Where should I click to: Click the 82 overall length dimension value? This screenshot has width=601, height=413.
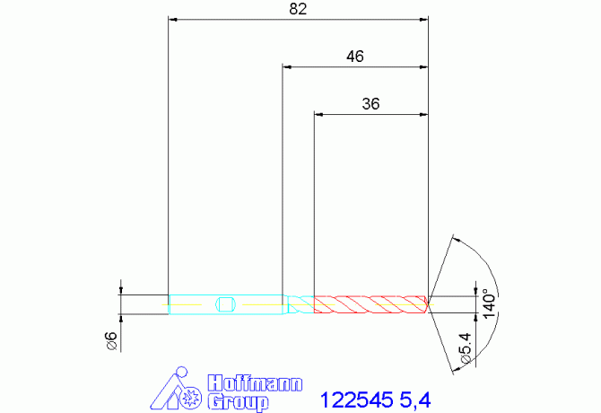click(x=298, y=9)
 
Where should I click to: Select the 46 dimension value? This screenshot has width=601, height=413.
click(x=355, y=57)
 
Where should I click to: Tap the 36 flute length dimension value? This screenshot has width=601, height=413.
click(x=370, y=104)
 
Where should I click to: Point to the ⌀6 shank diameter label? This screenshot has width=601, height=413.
click(x=110, y=341)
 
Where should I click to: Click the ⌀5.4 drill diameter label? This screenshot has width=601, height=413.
click(x=466, y=348)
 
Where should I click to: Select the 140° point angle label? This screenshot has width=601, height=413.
click(x=489, y=303)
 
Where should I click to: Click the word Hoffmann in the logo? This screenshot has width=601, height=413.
click(x=255, y=383)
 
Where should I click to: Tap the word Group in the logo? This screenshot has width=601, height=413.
click(x=238, y=402)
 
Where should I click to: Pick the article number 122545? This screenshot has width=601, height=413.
click(x=356, y=400)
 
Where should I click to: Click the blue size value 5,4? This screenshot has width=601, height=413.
click(x=415, y=400)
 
